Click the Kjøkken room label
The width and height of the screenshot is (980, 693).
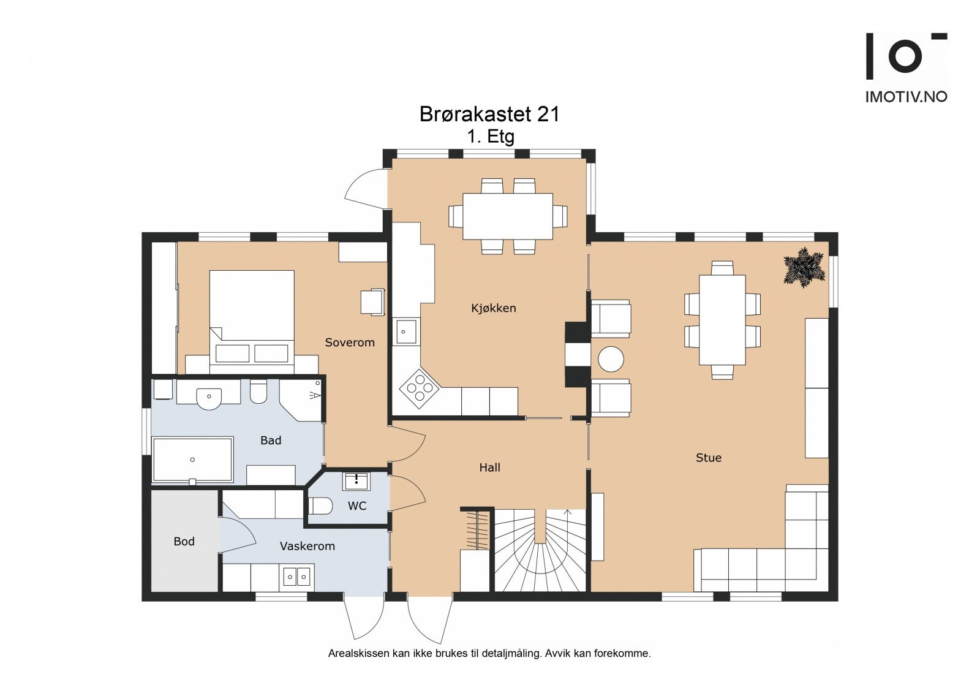494,308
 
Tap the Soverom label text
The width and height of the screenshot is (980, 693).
350,343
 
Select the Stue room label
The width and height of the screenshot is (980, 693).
709,458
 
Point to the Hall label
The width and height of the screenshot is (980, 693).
489,468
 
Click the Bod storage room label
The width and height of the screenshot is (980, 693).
184,542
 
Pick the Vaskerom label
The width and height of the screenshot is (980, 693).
307,547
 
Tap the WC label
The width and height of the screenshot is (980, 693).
357,506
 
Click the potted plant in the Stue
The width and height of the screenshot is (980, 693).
804,267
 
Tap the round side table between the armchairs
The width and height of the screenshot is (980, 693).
610,359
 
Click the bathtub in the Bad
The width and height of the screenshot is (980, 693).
192,460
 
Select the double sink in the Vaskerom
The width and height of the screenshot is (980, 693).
296,577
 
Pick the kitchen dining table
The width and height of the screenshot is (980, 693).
508,216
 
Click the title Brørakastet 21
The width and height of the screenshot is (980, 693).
489,114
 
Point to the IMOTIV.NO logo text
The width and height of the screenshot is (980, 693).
907,97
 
